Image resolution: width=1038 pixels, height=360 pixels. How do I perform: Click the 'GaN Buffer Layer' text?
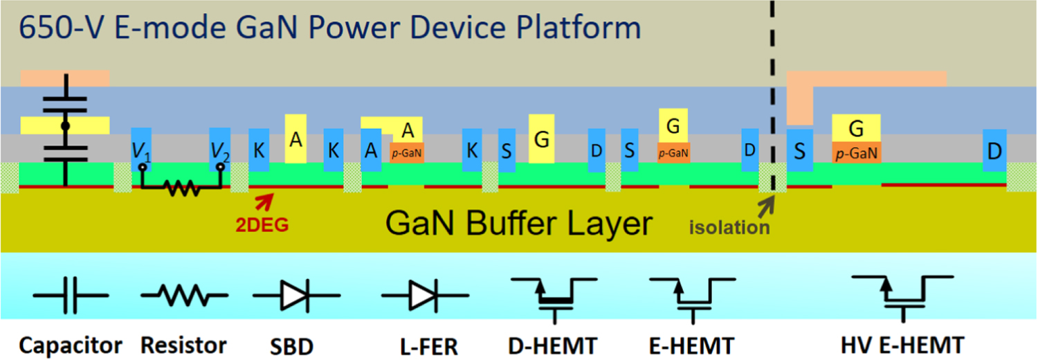(x=519, y=224)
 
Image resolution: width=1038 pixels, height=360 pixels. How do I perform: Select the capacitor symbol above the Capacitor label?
(x=71, y=296)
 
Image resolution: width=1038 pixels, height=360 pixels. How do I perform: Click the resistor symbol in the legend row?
(x=183, y=296)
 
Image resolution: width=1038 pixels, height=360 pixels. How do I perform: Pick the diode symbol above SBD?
(x=296, y=296)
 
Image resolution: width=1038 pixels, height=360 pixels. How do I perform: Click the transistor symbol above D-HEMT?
(x=552, y=296)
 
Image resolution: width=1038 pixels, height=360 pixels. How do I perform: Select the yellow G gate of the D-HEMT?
(x=542, y=139)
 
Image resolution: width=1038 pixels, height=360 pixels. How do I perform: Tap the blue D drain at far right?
(x=994, y=150)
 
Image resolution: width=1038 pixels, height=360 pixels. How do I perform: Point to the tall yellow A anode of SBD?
(x=295, y=139)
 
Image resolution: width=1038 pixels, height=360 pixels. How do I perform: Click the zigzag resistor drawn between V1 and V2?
(x=183, y=187)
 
